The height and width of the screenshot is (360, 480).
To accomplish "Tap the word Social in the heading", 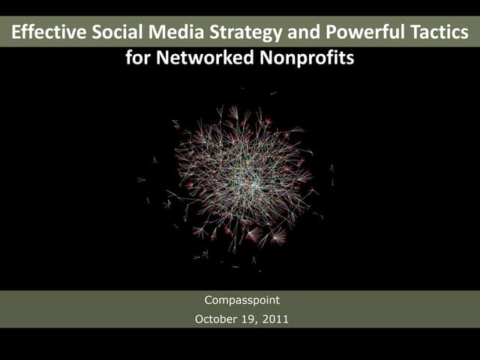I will click(115, 34).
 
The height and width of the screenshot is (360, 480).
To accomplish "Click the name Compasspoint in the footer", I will click(241, 301).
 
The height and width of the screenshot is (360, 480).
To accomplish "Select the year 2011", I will click(275, 319).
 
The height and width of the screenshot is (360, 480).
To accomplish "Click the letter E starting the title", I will click(17, 34).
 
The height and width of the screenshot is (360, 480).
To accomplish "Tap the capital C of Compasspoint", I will click(209, 301).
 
